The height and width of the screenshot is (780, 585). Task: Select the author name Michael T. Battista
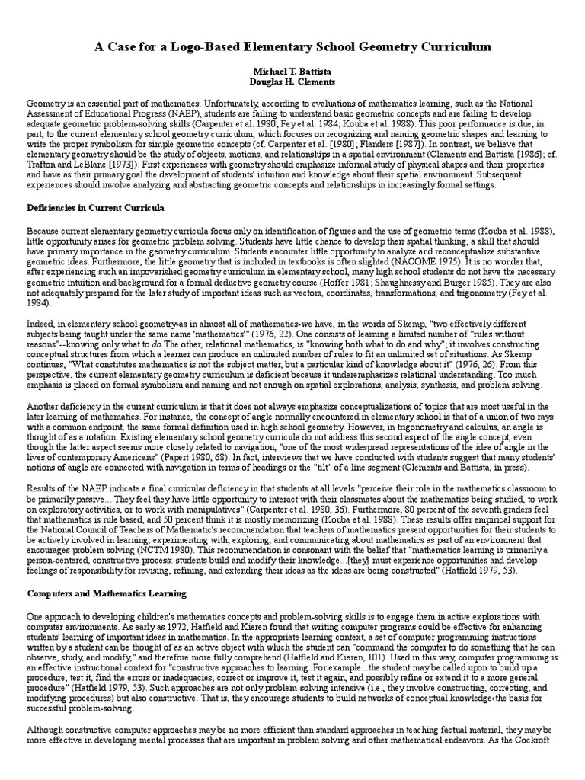pos(292,70)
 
